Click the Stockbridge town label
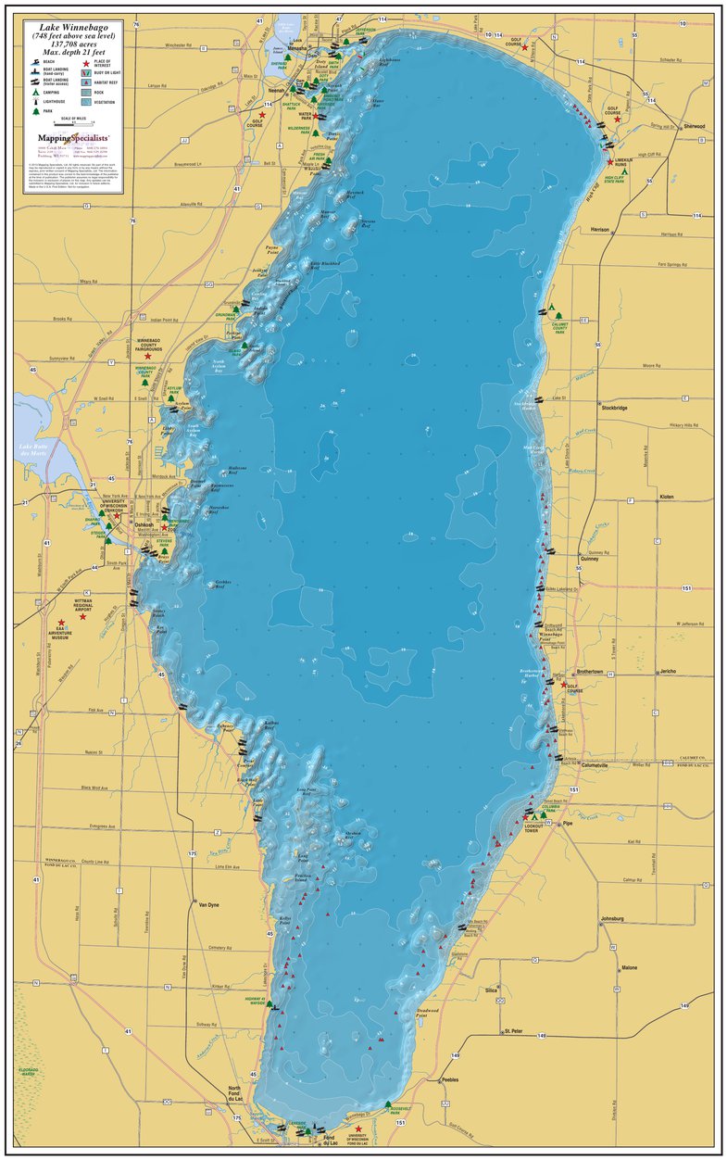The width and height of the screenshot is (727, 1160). [615, 407]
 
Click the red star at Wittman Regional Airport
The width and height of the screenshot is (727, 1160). [82, 616]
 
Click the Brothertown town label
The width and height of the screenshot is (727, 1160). [591, 671]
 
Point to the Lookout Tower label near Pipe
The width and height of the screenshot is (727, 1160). [531, 829]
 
